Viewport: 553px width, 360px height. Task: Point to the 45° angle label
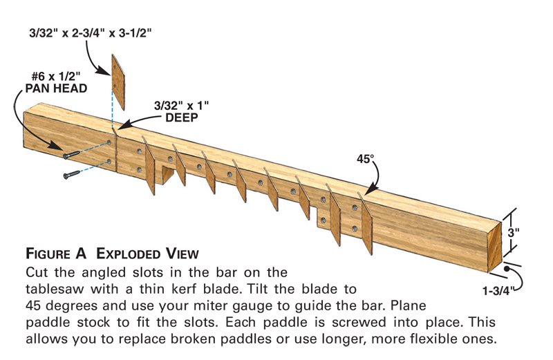[365, 158]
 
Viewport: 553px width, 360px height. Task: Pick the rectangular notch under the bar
[165, 173]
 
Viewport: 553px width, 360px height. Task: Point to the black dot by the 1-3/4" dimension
[509, 267]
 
